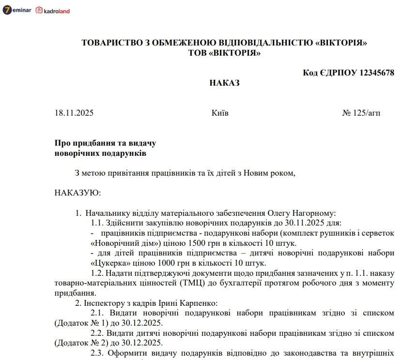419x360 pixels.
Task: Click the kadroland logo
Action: coord(53,10)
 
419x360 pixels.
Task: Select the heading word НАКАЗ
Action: coord(224,83)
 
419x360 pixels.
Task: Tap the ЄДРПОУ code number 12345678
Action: coord(376,73)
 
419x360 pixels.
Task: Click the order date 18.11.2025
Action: coord(74,113)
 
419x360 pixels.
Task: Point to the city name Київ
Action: coord(220,113)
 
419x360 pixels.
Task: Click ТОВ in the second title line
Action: coord(197,53)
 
